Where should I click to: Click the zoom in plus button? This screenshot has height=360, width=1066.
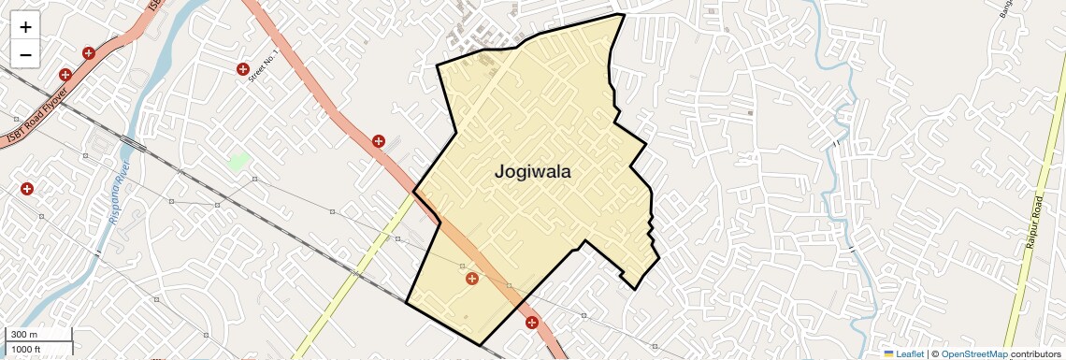tap(25, 27)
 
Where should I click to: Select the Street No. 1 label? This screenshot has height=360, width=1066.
tap(265, 65)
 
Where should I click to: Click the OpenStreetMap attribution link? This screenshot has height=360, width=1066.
tap(974, 353)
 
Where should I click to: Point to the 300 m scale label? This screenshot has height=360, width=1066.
tap(24, 335)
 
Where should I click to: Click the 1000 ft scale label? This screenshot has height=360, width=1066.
tap(26, 349)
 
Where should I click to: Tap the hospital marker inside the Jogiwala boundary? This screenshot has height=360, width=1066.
tap(472, 279)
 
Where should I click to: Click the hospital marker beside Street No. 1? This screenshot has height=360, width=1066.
tap(243, 69)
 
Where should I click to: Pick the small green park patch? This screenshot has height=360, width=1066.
tap(238, 161)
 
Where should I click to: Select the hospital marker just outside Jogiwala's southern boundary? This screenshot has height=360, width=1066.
tap(532, 324)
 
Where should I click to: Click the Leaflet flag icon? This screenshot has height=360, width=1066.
tap(888, 353)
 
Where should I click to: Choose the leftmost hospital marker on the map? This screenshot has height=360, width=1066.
tap(27, 189)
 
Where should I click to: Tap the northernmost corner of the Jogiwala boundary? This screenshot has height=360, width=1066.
tap(622, 14)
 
